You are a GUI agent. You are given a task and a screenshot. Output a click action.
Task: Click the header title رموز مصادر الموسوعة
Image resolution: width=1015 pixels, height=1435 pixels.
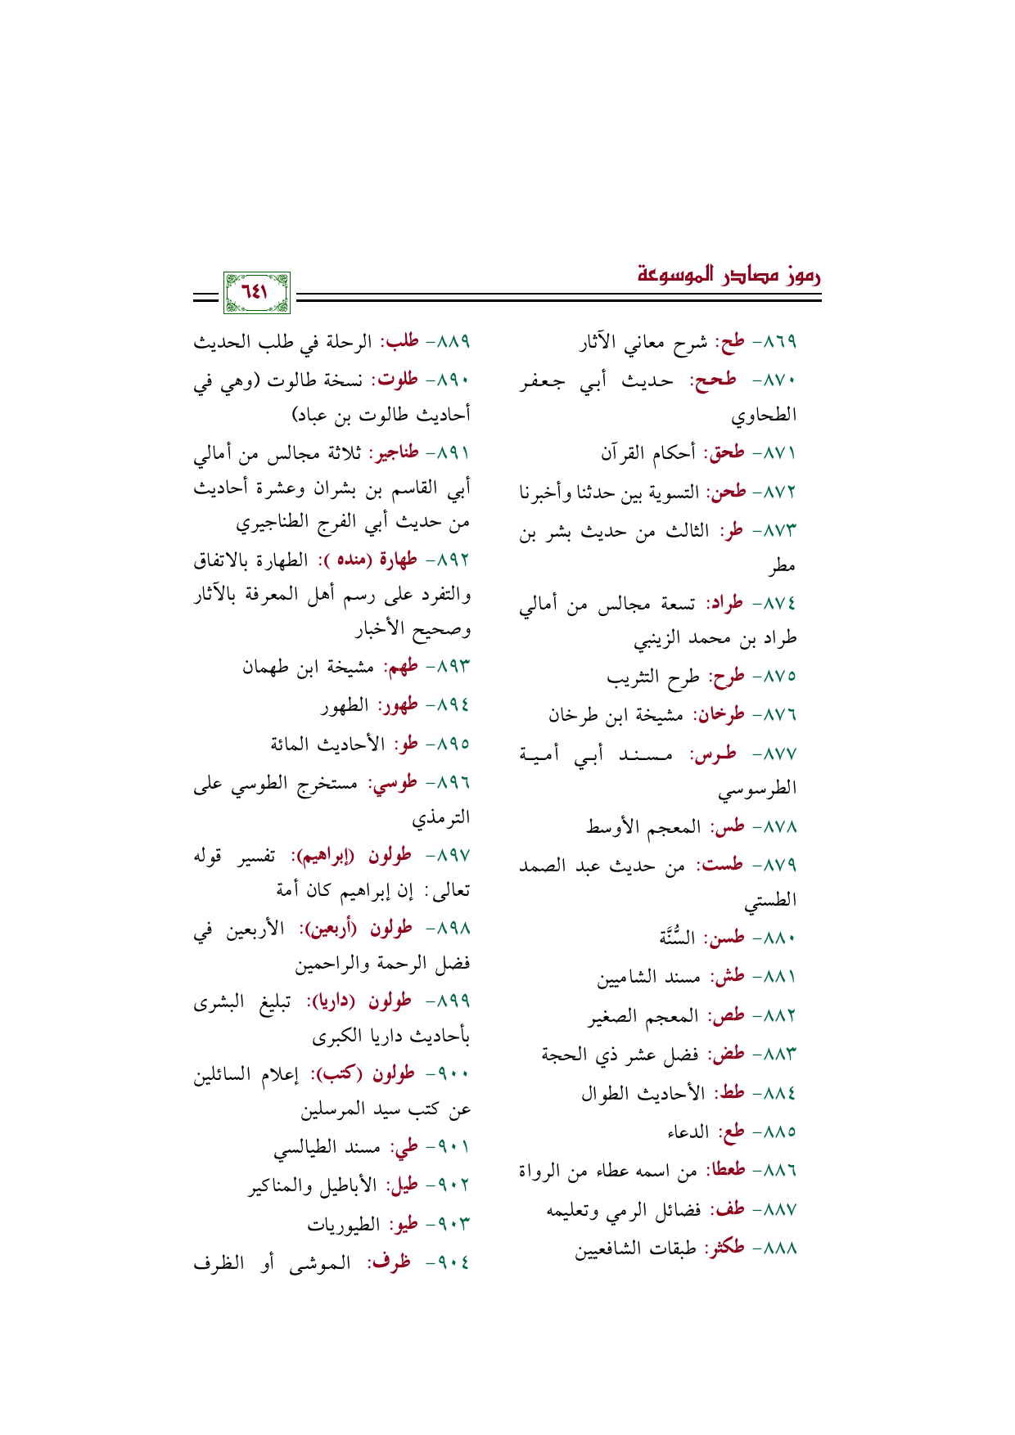point(729,275)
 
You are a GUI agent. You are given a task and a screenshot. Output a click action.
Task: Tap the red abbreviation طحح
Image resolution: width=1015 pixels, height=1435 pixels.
point(715,380)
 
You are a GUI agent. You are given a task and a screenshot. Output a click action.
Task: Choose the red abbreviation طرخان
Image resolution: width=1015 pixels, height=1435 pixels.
point(720,715)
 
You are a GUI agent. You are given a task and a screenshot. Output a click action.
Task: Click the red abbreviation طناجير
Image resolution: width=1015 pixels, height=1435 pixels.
point(395,453)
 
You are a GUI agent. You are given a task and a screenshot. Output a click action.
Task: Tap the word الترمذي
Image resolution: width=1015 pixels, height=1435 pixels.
point(441,819)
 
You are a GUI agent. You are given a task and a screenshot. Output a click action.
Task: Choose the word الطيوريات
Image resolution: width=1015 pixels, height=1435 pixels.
point(344,1225)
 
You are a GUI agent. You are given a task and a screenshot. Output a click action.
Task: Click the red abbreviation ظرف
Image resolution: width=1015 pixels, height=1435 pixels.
point(394,1262)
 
